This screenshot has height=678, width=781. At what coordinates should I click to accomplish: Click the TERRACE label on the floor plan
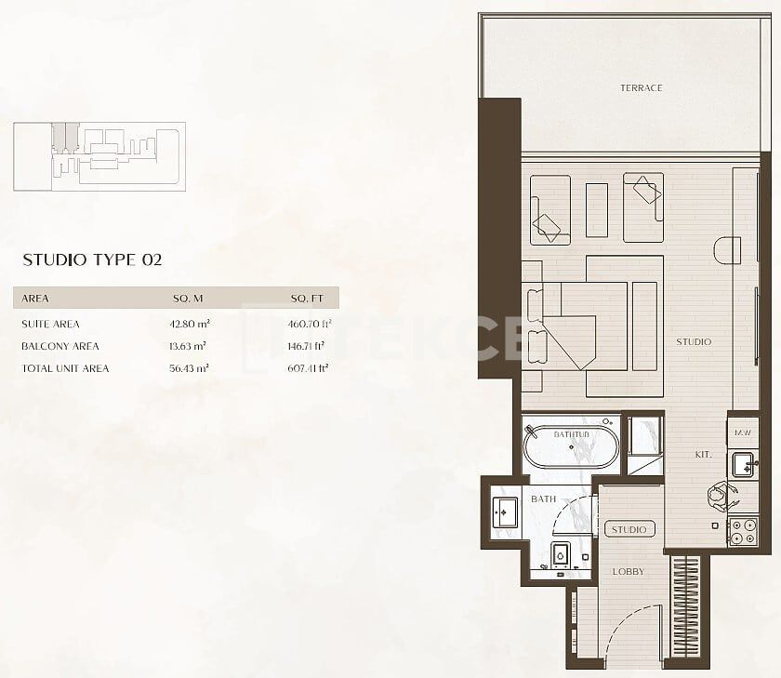click(641, 88)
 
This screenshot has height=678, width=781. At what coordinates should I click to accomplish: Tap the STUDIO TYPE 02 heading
click(92, 259)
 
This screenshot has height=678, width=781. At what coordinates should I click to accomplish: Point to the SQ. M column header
click(189, 299)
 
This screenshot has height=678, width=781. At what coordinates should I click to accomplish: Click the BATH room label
click(543, 499)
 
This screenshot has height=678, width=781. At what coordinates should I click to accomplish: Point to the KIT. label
click(703, 455)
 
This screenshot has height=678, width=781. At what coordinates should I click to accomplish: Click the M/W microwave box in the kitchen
click(742, 432)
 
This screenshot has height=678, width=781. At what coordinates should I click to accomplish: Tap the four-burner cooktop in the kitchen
click(742, 531)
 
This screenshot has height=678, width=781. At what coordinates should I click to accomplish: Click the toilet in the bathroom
click(561, 555)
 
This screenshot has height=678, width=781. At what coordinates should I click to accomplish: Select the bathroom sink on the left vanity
click(506, 512)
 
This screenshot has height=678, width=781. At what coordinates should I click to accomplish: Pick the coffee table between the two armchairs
click(596, 209)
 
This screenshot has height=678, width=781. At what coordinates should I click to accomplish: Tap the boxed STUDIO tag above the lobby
click(629, 529)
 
